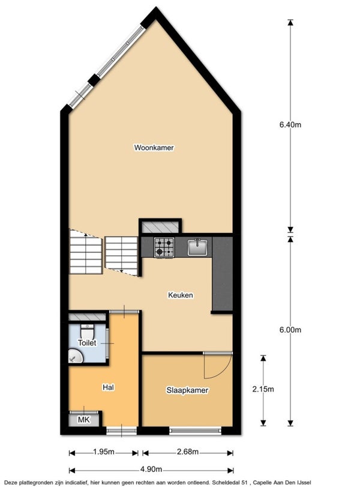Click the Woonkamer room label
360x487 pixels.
tap(154, 148)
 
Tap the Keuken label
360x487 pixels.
tap(181, 295)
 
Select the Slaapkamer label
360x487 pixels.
tap(187, 390)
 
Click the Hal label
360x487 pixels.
tap(109, 387)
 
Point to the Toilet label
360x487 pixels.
tap(87, 343)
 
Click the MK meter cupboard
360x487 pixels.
tap(84, 420)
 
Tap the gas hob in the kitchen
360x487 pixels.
tap(164, 247)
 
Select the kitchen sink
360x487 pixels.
tap(197, 247)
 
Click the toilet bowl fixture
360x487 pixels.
tap(87, 331)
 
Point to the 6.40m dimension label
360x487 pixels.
tap(290, 125)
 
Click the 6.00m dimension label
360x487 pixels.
tap(290, 330)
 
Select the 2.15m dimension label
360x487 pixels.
tap(263, 389)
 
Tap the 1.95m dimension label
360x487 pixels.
tap(104, 452)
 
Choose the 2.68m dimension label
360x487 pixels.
tap(188, 452)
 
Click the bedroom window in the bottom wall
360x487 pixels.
tap(195, 431)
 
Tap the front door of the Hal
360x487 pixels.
tap(121, 431)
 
